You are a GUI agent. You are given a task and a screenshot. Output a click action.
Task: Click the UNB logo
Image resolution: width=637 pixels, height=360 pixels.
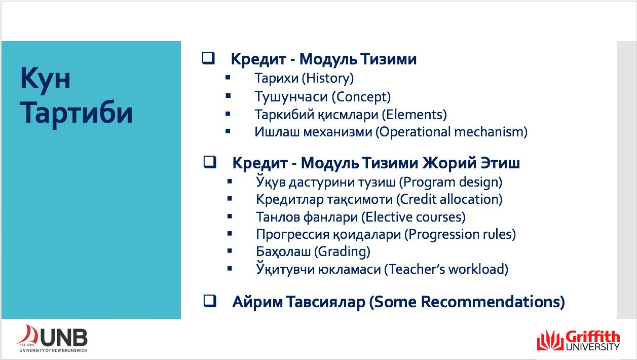point(52,338)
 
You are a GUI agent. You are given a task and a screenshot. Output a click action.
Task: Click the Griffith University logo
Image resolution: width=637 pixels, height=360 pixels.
point(578,340)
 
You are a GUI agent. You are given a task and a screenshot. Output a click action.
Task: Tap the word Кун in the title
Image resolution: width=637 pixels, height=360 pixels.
point(45,78)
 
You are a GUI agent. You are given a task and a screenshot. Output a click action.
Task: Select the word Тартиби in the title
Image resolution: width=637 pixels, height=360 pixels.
point(76,113)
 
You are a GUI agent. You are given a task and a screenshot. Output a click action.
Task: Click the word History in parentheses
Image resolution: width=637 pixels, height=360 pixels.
point(328,78)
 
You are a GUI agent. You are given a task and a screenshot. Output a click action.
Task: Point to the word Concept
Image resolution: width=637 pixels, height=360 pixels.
point(361,97)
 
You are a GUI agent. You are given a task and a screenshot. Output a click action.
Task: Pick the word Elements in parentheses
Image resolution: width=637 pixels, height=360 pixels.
point(415,115)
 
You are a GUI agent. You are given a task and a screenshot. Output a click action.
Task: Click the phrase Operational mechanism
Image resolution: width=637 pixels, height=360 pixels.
point(452,132)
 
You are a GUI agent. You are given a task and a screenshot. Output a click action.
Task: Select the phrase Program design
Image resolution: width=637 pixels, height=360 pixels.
point(451,183)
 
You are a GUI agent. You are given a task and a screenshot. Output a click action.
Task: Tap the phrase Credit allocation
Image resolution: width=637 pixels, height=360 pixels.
point(449,199)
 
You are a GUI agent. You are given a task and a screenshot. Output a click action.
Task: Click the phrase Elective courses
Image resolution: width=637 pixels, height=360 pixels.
point(414,217)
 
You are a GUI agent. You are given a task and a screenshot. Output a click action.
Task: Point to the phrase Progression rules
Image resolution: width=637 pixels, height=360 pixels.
point(460,234)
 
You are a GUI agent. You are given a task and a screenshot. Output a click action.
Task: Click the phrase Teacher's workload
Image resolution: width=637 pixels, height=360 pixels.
point(446,269)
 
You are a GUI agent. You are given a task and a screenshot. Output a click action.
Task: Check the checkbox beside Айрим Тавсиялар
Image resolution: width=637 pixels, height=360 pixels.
point(210,301)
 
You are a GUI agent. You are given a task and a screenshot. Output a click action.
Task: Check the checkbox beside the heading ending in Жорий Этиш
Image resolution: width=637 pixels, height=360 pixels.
point(210,162)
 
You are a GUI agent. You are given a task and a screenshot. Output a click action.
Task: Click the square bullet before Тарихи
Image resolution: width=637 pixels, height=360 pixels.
point(228,77)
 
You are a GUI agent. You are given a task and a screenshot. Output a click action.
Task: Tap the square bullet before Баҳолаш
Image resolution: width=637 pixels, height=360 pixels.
point(230,250)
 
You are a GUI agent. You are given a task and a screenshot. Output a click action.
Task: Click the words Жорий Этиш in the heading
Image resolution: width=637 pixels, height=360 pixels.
point(471,163)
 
